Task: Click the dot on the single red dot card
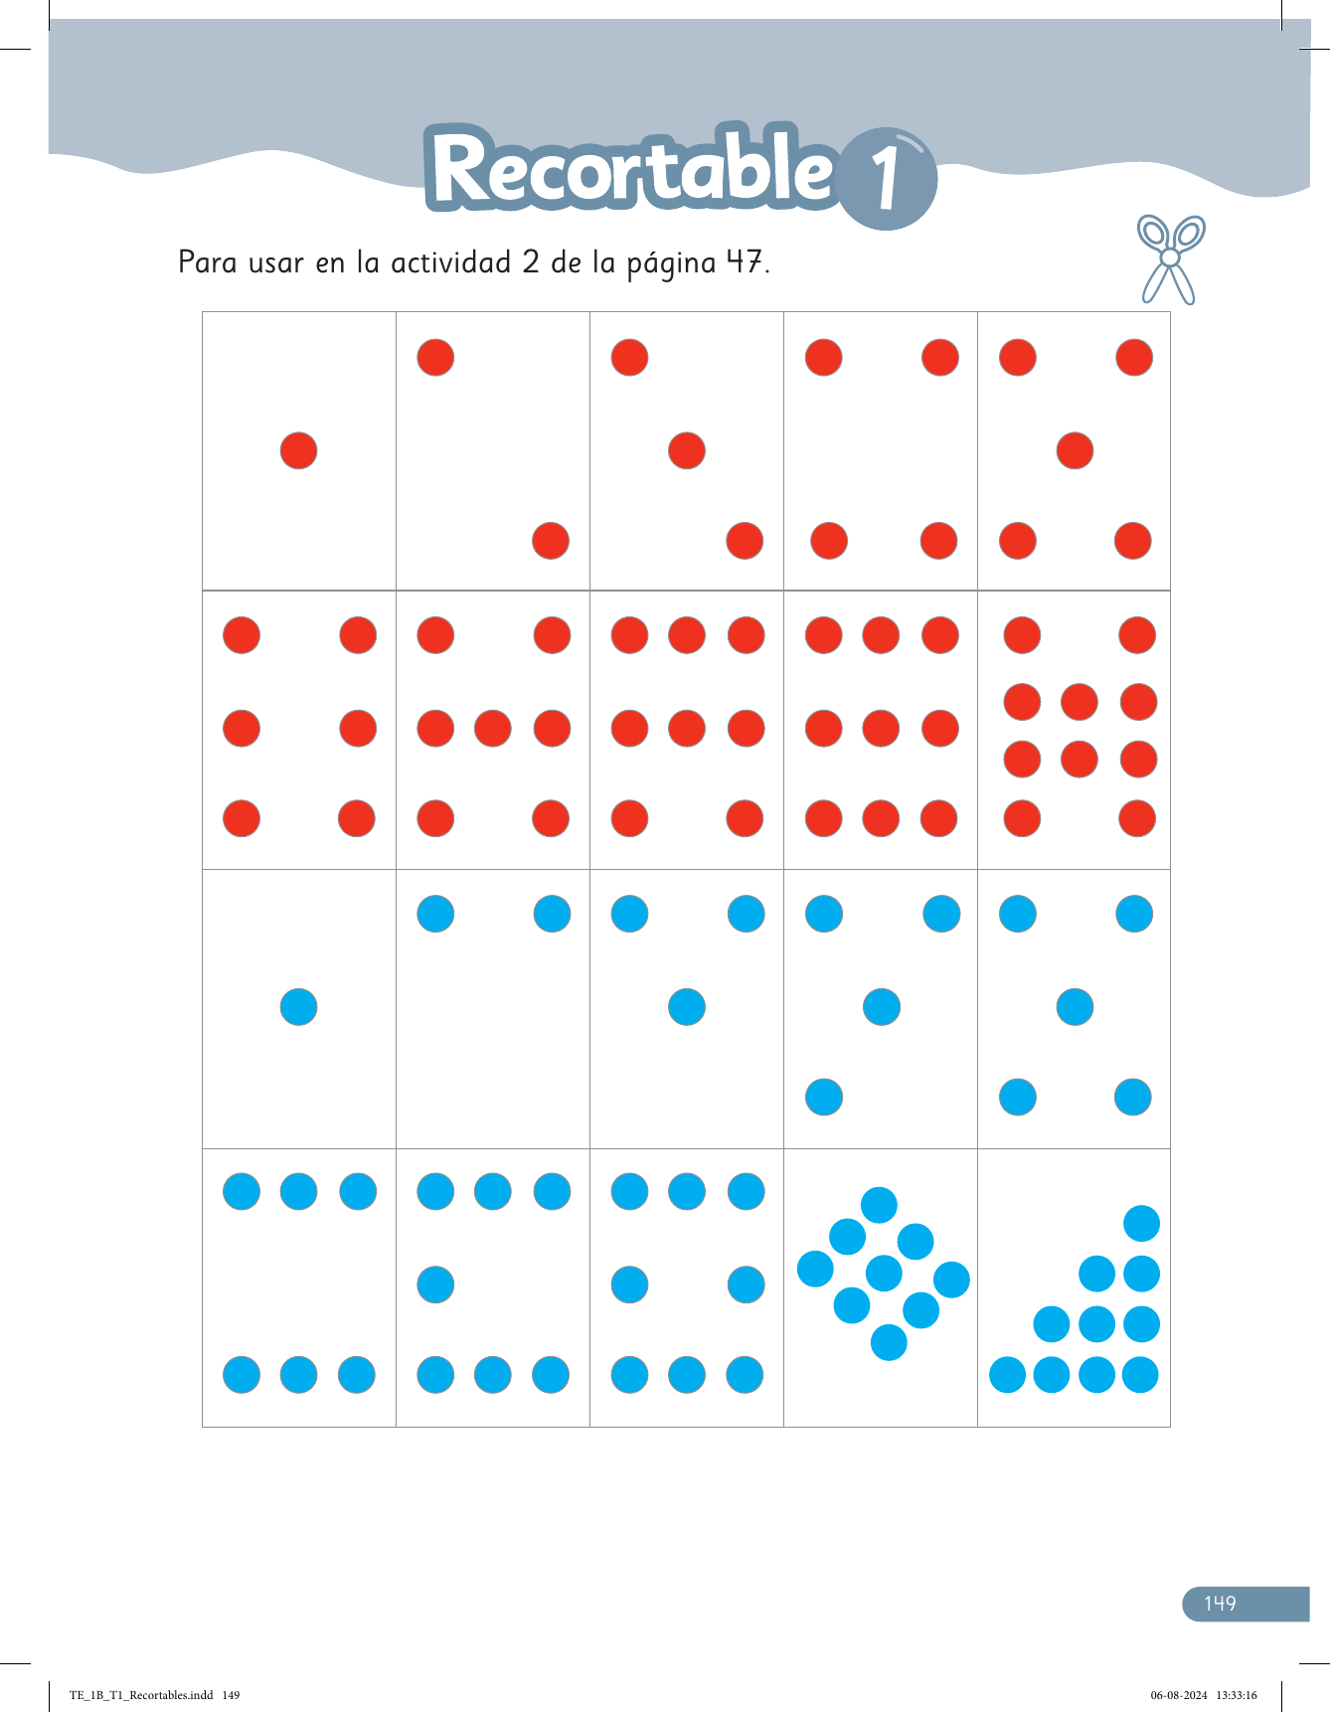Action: pos(298,450)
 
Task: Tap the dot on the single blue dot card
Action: pos(298,1007)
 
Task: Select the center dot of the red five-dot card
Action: pos(1075,450)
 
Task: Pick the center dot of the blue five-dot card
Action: pos(1075,1007)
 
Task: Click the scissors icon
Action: pos(1170,258)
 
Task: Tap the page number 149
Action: pos(1220,1604)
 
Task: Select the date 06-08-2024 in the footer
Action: pos(1179,1696)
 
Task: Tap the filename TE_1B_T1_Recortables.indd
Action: pos(141,1696)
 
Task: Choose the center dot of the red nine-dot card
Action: pos(881,728)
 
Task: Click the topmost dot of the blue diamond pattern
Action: pos(879,1205)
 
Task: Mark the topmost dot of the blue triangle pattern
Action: pos(1141,1224)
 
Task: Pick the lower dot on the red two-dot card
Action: pos(551,541)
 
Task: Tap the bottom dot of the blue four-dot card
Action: pos(824,1098)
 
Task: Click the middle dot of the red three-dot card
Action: pos(687,450)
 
